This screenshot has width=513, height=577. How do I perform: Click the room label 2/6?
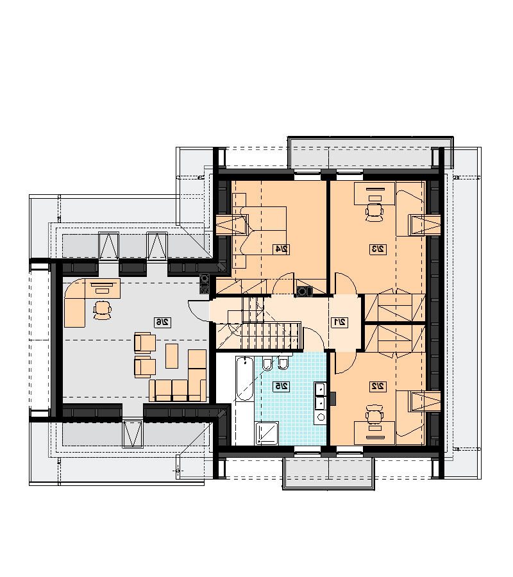click(x=162, y=322)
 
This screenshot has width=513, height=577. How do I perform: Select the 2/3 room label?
click(x=378, y=249)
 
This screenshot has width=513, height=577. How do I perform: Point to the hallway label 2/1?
click(x=339, y=322)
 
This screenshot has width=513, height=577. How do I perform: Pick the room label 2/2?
click(x=378, y=387)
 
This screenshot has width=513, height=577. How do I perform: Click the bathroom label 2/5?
click(x=281, y=387)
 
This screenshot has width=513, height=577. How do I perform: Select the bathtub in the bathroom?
click(x=244, y=379)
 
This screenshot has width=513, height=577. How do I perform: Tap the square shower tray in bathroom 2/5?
click(x=267, y=433)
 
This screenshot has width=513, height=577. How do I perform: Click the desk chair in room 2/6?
click(x=103, y=310)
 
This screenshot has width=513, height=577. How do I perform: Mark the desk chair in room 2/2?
click(x=374, y=414)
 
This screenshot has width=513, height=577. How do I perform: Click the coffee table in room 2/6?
click(x=172, y=356)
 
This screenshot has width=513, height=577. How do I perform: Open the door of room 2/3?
click(x=346, y=283)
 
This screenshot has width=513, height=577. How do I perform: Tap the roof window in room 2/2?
click(x=425, y=401)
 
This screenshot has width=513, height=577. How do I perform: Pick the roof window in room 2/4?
click(x=231, y=224)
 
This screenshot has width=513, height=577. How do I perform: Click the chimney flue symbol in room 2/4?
click(x=305, y=291)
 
